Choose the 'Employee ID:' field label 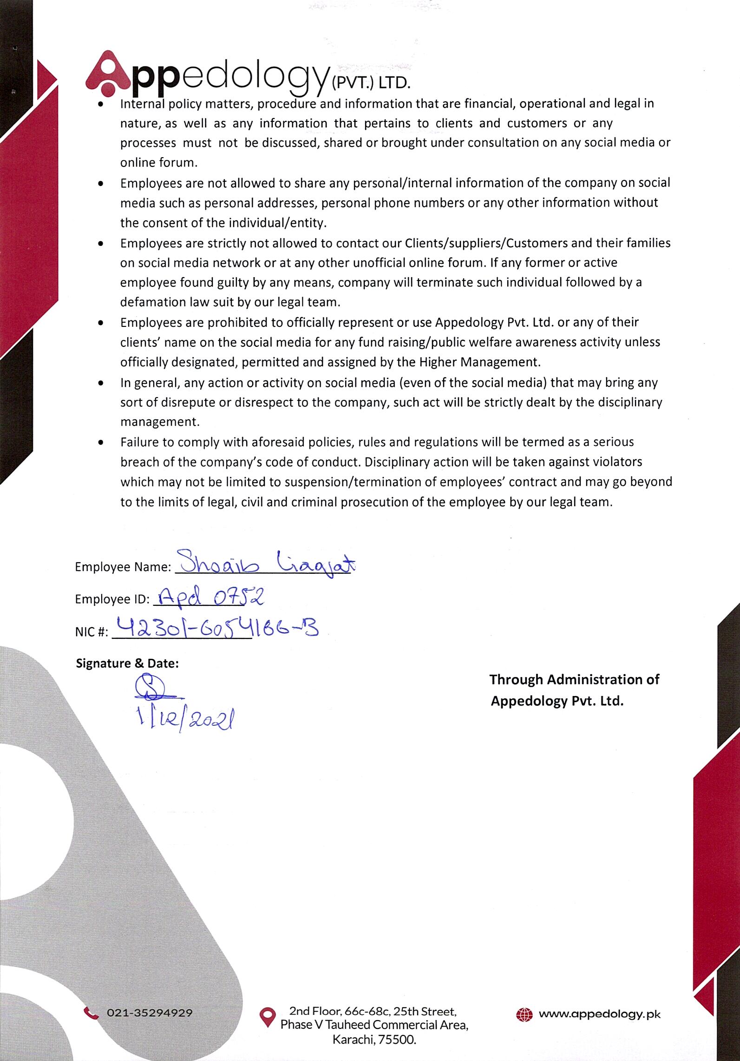point(112,599)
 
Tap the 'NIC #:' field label point(92,632)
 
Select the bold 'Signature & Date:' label point(127,663)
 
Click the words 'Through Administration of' point(574,680)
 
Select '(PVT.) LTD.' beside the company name point(370,84)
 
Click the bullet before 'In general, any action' point(101,384)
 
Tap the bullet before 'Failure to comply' point(101,443)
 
